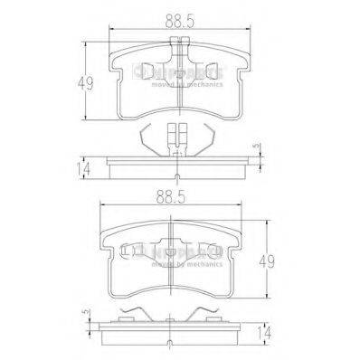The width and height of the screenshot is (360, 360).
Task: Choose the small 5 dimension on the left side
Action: click(88, 314)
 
